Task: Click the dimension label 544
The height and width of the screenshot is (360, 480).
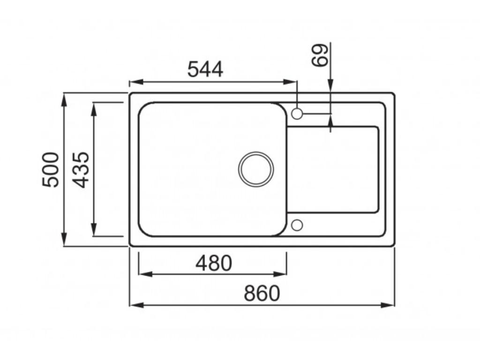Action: click(205, 70)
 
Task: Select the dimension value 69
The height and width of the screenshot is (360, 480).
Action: click(321, 55)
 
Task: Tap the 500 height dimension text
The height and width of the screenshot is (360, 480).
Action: click(51, 169)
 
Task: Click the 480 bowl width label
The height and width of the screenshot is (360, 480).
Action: click(213, 263)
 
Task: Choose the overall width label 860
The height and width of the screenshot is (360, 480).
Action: click(262, 294)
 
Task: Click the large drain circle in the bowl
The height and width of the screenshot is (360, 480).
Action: click(256, 169)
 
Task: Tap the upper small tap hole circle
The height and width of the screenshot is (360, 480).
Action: click(297, 113)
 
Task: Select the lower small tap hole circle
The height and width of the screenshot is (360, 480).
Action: click(297, 225)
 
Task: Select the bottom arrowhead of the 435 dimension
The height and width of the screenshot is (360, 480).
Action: click(94, 231)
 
